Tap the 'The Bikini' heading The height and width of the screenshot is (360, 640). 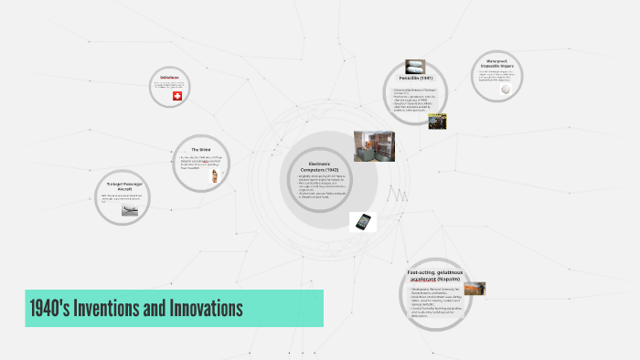tap(201, 149)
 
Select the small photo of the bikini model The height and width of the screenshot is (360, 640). tap(215, 175)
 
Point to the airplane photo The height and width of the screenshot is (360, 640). tap(131, 210)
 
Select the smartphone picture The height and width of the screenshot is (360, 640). tap(364, 222)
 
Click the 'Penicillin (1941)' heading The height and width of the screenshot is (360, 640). tap(416, 79)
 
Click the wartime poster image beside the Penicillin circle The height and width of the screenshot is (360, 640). tap(437, 121)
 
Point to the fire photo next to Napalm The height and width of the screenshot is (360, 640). tap(475, 289)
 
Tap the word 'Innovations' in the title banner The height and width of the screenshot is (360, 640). tap(205, 308)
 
